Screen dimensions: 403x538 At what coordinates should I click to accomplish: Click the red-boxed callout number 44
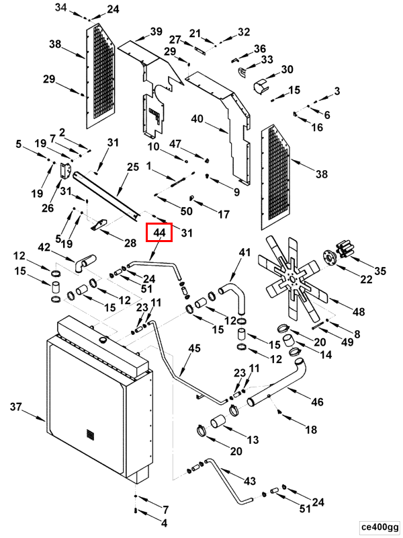coord(159,233)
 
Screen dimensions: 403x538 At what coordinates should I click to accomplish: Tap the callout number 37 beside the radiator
coord(15,407)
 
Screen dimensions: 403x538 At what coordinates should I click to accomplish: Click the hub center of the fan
coord(293,279)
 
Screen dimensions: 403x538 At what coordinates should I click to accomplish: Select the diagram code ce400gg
coord(379,527)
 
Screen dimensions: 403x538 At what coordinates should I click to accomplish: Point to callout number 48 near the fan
coord(359,311)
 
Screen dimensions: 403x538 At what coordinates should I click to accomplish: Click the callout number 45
coord(194,348)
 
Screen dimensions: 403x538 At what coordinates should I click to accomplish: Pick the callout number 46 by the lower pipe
coord(317,401)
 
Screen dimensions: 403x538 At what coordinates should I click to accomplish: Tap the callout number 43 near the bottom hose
coord(250,481)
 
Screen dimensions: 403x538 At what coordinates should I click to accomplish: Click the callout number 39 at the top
coord(156,32)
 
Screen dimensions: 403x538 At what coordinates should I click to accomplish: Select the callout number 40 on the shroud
coord(197,119)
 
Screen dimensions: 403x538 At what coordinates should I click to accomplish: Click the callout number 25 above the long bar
coord(133,167)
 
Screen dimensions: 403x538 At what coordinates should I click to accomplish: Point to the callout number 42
coord(44,247)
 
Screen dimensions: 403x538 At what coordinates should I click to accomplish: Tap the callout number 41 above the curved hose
coord(244,252)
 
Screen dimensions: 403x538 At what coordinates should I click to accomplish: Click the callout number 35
coord(380,271)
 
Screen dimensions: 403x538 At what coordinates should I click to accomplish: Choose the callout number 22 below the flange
coord(366,279)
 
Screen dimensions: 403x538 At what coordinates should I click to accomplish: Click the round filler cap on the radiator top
coord(103,340)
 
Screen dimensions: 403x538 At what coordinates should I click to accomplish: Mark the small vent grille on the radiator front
coord(90,434)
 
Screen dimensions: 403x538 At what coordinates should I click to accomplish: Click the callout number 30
coord(287,69)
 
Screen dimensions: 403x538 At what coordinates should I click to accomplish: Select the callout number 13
coord(253,440)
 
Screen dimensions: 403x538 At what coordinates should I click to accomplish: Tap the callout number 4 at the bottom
coord(164,523)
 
